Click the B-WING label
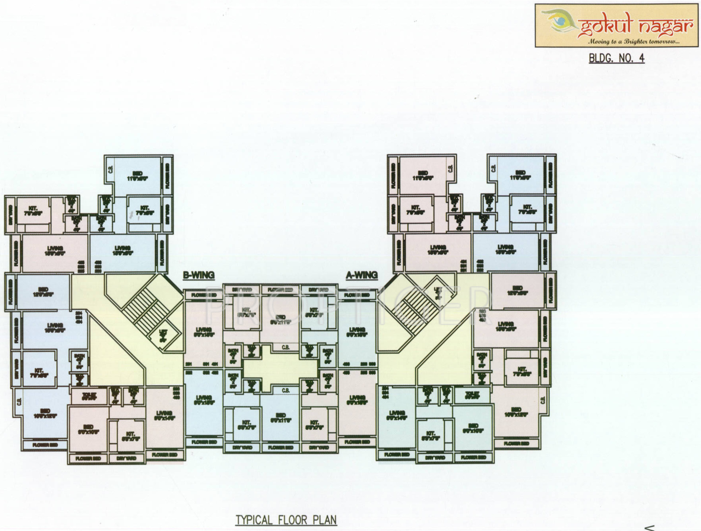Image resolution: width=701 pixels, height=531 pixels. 198,275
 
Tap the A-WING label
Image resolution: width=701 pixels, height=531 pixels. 362,275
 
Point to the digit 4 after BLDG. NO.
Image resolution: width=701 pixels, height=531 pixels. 641,58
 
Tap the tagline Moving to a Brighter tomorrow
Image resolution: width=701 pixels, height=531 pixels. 634,42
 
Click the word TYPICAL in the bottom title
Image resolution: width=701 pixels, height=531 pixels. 254,520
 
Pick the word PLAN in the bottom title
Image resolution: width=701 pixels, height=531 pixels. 325,520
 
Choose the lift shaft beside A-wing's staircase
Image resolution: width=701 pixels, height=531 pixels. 438,292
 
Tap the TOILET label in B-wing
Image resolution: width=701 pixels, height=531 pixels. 89,396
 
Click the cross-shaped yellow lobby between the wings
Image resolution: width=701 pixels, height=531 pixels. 280,369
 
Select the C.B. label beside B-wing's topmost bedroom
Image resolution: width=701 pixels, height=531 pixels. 110,169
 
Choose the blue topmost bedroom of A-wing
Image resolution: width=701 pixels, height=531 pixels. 520,175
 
